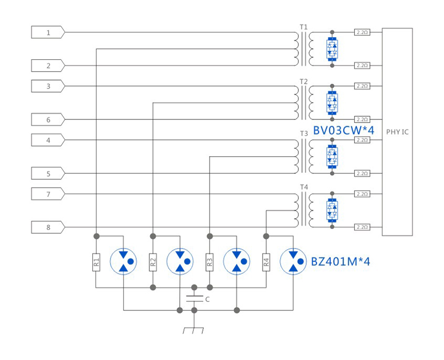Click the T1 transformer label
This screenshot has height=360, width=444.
click(304, 27)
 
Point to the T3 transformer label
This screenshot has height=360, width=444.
click(304, 133)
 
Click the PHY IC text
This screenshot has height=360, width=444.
click(397, 132)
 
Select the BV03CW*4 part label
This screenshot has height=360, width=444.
click(344, 130)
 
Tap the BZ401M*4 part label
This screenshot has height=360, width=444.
click(340, 262)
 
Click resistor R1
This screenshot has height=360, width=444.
click(96, 262)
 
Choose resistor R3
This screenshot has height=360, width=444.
click(209, 262)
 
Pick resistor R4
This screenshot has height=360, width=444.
click(266, 262)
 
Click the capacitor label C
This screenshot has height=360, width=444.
click(208, 300)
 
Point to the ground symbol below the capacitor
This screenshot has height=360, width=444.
click(193, 330)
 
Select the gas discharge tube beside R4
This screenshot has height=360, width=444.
click(293, 261)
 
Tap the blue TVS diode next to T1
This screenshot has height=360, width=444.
click(332, 49)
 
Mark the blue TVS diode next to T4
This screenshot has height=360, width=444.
click(332, 210)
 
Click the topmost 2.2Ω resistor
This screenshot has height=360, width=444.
click(361, 33)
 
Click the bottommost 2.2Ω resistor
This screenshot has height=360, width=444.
click(361, 227)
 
